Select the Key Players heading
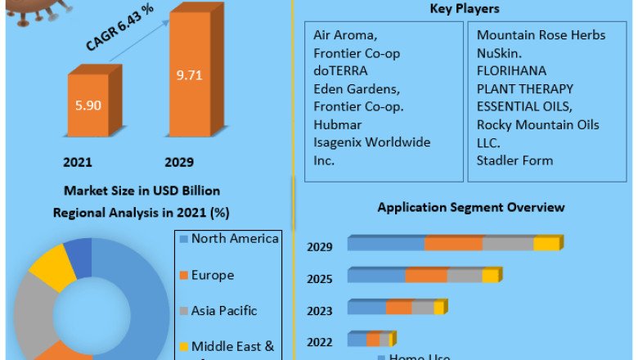coord(465,9)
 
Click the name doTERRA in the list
coord(340,70)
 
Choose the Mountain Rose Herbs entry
coord(541,34)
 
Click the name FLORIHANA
coord(511,70)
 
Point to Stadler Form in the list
coord(514,160)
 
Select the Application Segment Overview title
coord(470,208)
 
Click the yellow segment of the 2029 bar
coord(546,244)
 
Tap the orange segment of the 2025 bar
coord(426,276)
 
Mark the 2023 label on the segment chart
coord(320,311)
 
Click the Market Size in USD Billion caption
coord(141,191)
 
